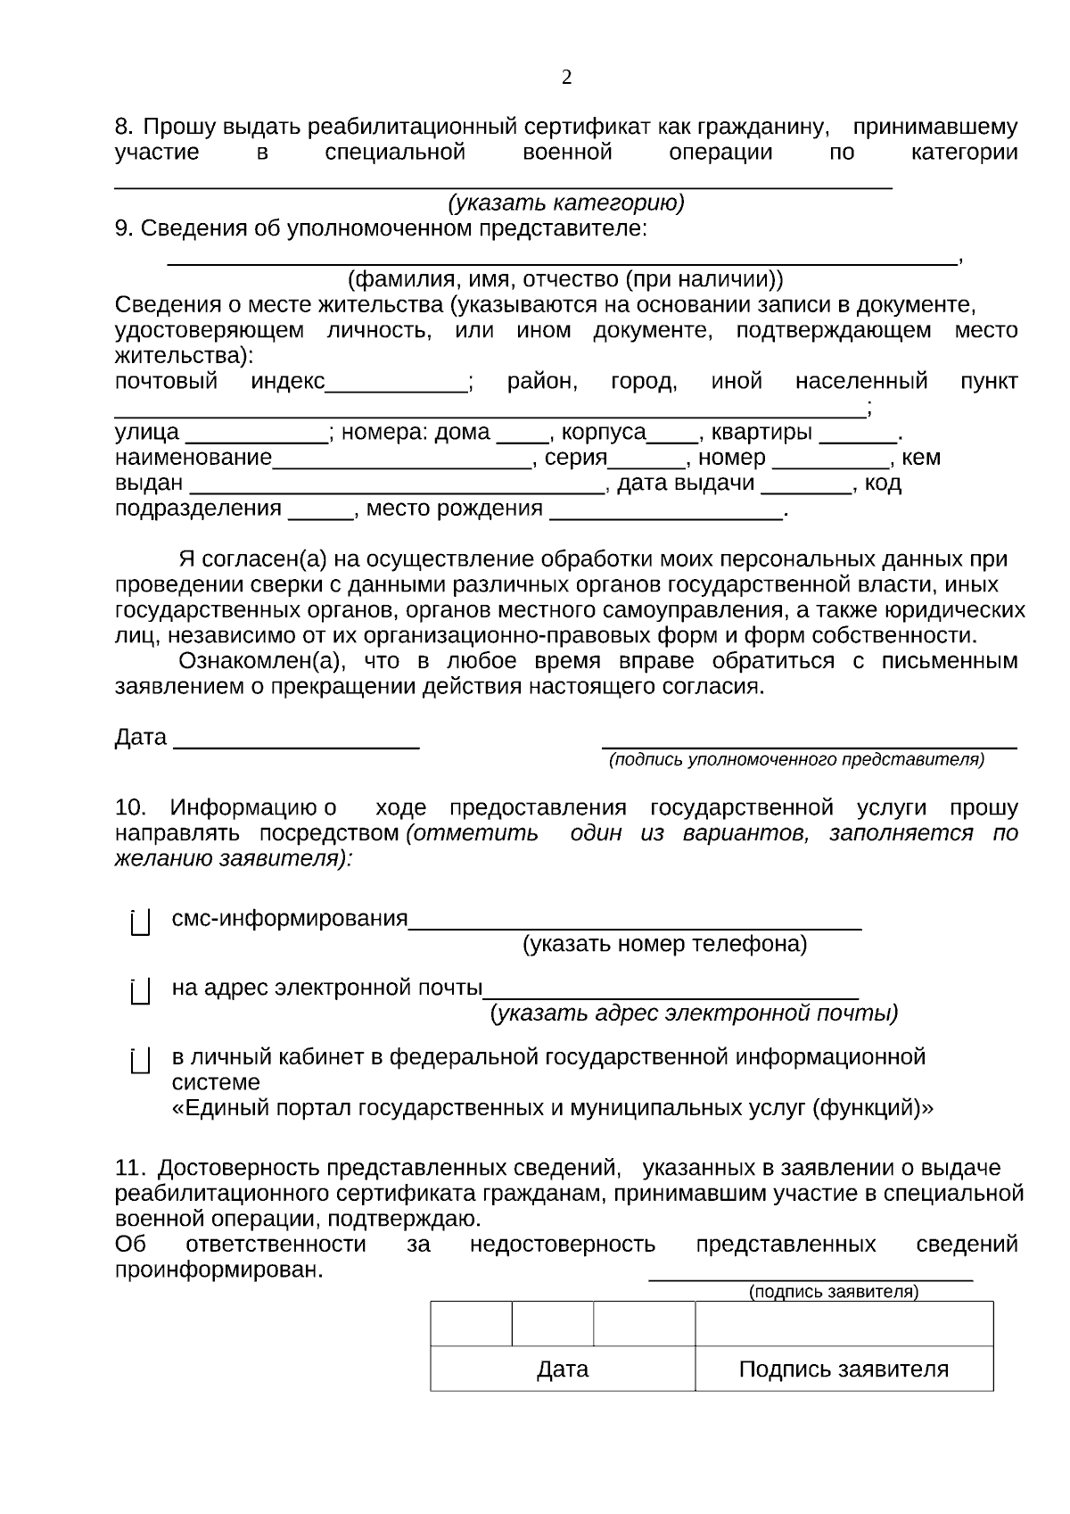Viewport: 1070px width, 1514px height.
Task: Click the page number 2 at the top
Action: [567, 78]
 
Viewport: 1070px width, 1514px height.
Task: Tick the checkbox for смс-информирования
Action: [140, 922]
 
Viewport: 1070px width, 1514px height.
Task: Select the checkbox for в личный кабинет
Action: [140, 1061]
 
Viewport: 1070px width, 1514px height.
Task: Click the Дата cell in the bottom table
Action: [563, 1369]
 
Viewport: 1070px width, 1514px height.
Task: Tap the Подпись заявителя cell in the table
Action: [844, 1369]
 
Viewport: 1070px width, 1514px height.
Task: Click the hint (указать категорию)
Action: [566, 203]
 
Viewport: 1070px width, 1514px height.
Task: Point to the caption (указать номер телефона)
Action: [664, 944]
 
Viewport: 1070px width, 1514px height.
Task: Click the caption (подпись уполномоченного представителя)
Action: [796, 760]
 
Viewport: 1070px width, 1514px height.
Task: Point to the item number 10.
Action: [130, 808]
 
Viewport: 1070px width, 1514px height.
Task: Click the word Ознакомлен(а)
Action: [259, 662]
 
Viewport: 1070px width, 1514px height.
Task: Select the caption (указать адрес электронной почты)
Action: [694, 1013]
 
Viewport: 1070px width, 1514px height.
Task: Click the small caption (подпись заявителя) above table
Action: [834, 1292]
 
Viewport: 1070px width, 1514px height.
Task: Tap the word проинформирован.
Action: [218, 1270]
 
